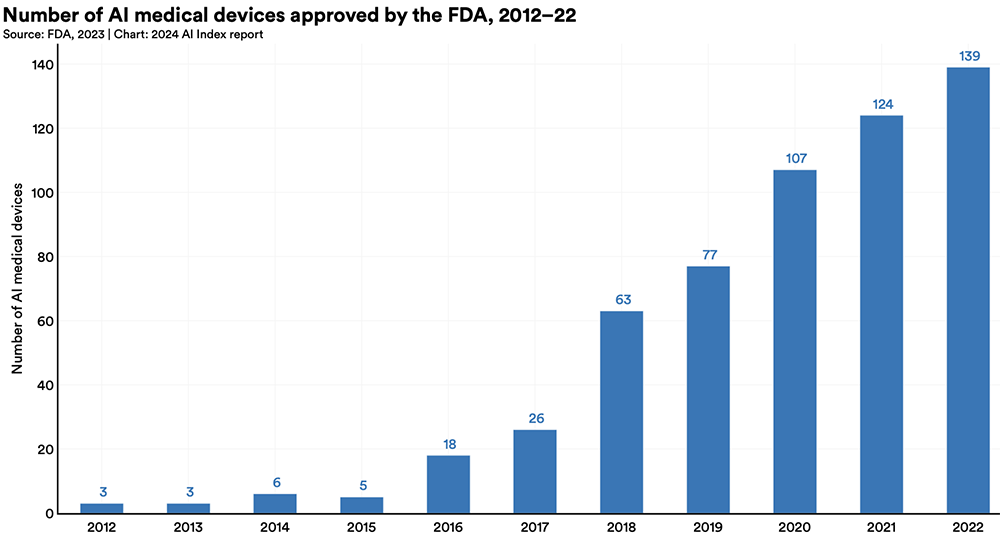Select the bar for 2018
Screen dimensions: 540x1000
pos(621,412)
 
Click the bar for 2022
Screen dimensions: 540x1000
pos(967,290)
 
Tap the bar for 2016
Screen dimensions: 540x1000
pos(448,484)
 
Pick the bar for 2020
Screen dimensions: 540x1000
pos(794,341)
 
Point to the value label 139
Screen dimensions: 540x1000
pos(967,56)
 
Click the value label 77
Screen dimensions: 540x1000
pos(708,255)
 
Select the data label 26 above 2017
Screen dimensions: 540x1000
pos(535,419)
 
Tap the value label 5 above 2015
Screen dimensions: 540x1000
pos(362,486)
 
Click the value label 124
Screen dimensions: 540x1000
pos(881,104)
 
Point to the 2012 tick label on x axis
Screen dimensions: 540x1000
pos(102,527)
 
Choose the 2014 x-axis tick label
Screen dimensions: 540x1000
pos(275,527)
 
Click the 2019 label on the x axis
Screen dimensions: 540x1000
pos(708,527)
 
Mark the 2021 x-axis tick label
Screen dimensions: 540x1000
pos(881,527)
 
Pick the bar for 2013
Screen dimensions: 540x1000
pos(189,508)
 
